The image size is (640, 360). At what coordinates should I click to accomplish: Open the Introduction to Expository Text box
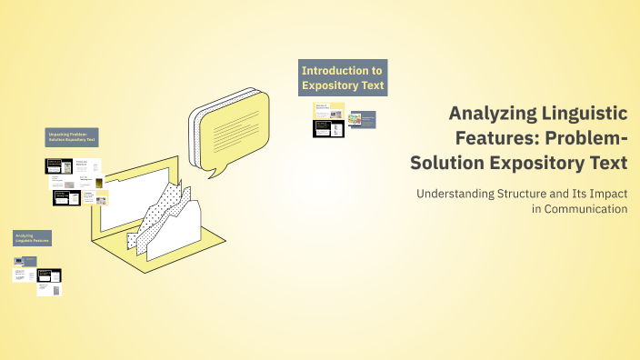[343, 77]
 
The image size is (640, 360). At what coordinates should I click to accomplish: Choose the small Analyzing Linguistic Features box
[31, 238]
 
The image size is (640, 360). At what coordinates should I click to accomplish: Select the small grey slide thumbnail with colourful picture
[363, 120]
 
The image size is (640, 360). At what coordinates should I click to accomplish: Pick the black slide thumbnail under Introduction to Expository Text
[328, 128]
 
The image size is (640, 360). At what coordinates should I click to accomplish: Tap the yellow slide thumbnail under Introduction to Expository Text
[329, 109]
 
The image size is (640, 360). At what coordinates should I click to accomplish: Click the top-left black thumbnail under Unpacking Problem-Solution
[59, 166]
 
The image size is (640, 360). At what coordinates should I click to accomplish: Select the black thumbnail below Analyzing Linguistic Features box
[48, 275]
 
